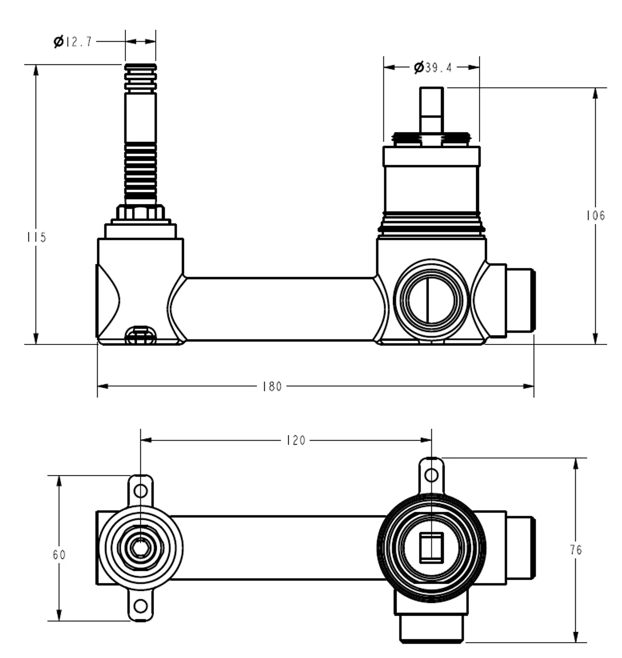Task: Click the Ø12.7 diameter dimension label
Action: point(73,42)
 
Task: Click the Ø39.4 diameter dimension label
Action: point(432,67)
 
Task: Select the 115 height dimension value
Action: point(36,237)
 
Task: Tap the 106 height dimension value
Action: point(595,215)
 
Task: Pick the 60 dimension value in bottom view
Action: point(59,555)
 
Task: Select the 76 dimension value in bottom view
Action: point(576,550)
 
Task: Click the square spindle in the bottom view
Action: point(431,548)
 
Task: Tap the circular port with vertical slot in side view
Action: point(431,301)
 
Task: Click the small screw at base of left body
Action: point(140,336)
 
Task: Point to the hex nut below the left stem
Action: point(140,212)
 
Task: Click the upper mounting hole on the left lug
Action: point(140,490)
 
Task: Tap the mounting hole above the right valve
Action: point(431,474)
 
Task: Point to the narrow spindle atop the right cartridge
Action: point(431,111)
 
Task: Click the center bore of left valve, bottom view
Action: point(140,547)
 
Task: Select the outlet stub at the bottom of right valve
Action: point(431,627)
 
